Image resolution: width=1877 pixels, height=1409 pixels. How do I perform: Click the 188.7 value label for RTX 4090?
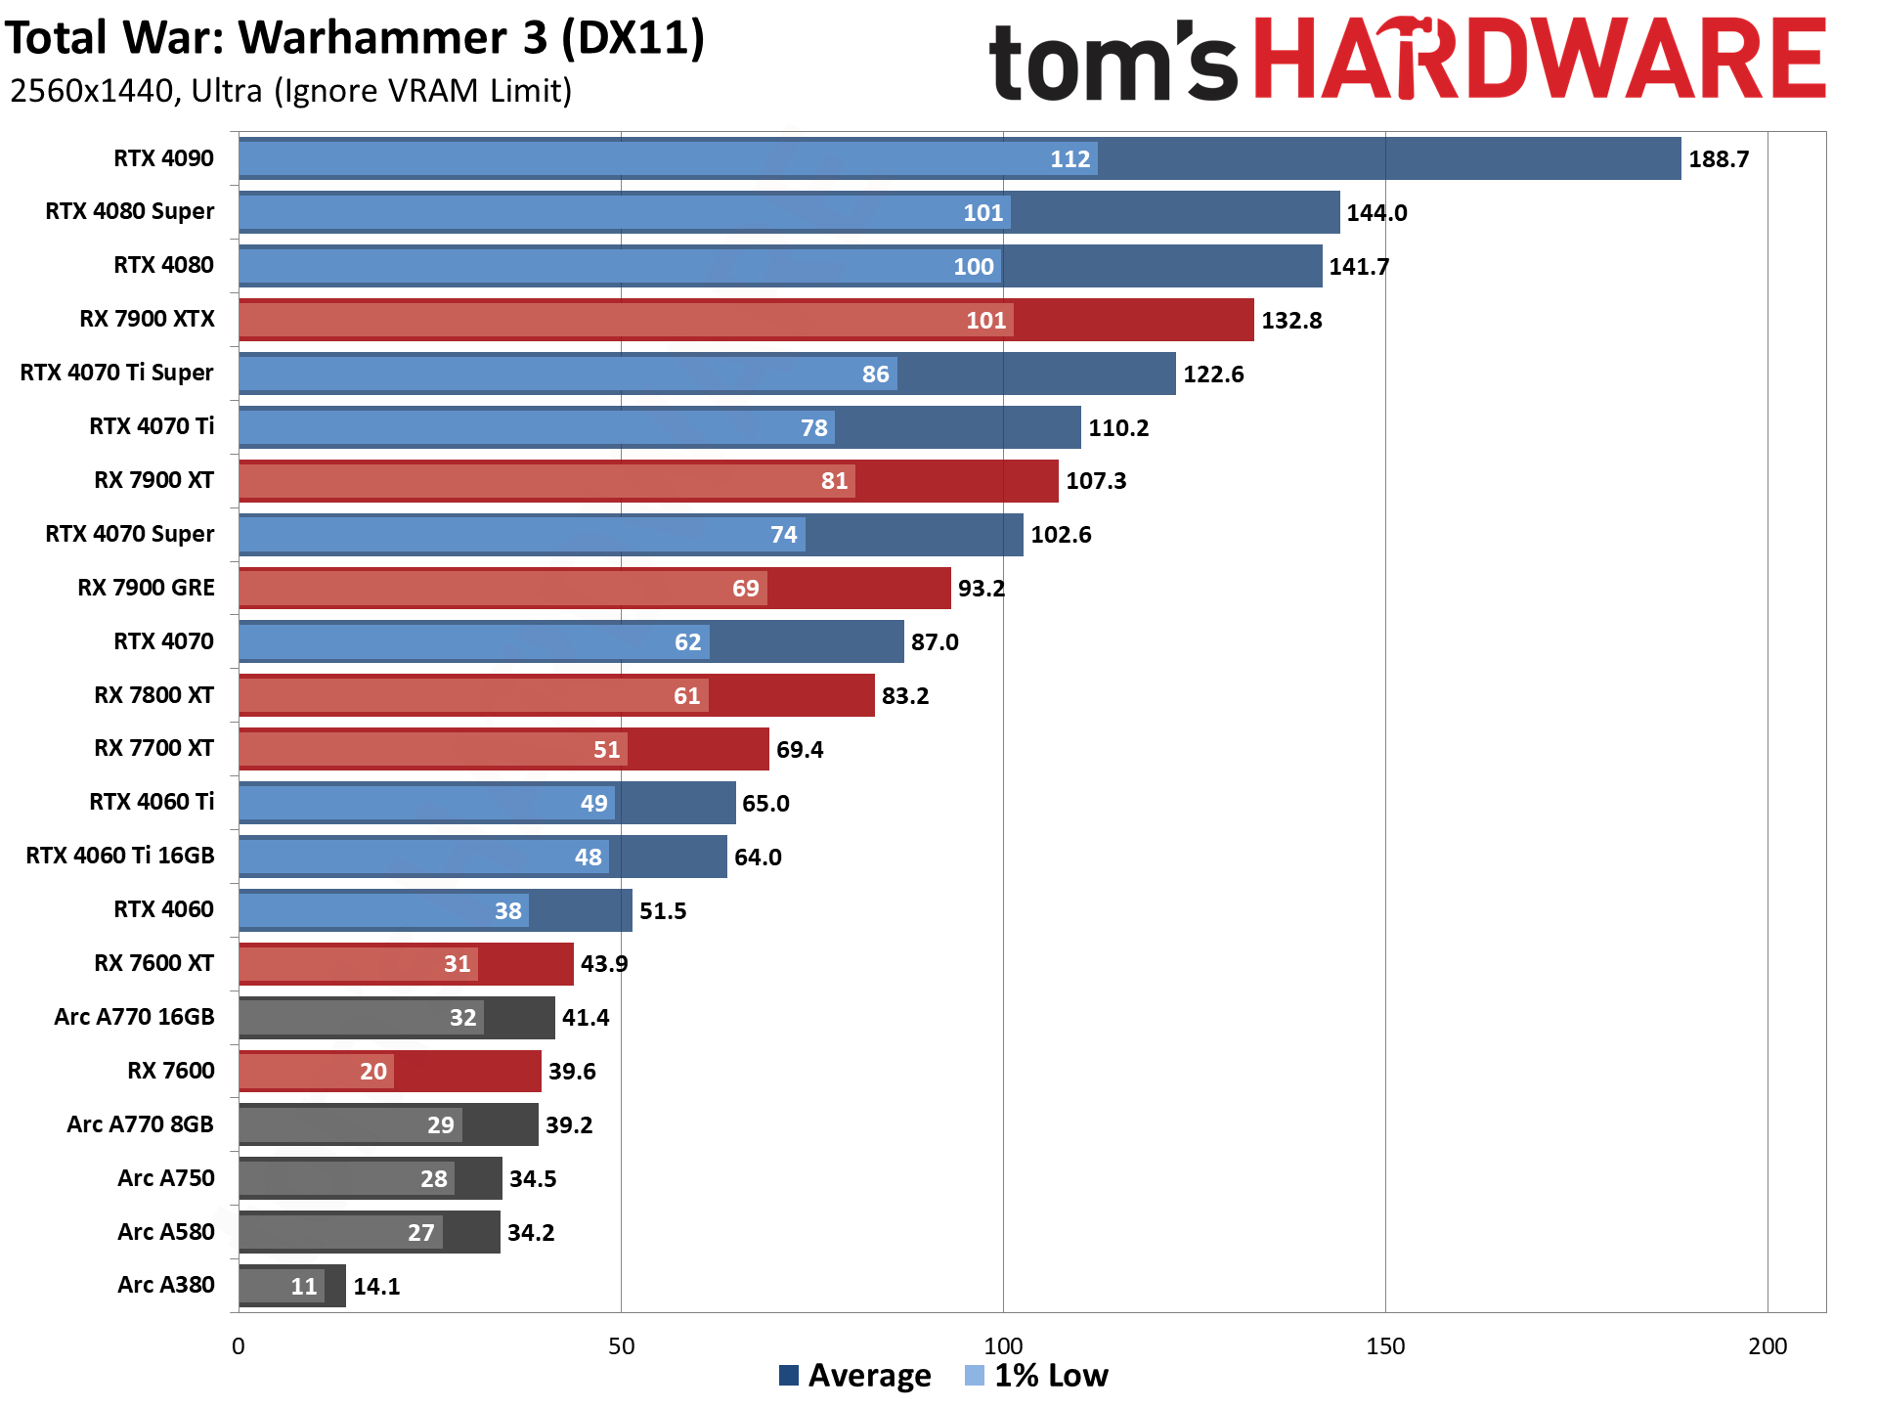click(1719, 159)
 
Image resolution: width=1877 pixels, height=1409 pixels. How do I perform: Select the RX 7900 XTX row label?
click(147, 319)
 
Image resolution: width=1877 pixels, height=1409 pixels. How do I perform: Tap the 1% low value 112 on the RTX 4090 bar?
click(1069, 159)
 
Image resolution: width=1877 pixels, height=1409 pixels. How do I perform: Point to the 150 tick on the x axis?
click(1385, 1346)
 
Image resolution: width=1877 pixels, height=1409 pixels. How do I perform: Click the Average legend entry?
click(855, 1376)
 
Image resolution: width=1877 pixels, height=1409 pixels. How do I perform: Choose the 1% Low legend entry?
click(1037, 1376)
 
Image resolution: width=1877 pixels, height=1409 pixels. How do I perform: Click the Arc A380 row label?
click(165, 1285)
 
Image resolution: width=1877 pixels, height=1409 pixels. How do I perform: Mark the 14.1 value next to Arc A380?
click(376, 1286)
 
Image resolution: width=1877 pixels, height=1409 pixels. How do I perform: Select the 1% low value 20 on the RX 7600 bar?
click(373, 1072)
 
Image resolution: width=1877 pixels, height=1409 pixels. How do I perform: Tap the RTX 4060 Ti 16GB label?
click(120, 856)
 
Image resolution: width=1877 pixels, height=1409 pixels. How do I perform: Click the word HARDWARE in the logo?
click(1540, 61)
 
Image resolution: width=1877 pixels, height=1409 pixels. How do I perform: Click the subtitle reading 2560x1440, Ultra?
click(290, 91)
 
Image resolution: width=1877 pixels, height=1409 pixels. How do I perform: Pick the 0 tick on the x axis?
click(239, 1346)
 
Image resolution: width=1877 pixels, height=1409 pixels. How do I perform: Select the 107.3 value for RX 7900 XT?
click(1096, 481)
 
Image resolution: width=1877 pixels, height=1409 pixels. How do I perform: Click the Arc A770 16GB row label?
click(134, 1017)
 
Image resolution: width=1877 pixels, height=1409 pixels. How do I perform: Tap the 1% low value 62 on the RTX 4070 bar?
click(687, 642)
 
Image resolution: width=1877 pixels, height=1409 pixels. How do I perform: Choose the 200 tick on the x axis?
click(1767, 1346)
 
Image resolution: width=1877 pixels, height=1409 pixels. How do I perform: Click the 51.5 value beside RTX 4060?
click(663, 911)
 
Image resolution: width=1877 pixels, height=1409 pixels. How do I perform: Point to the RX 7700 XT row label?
click(153, 748)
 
